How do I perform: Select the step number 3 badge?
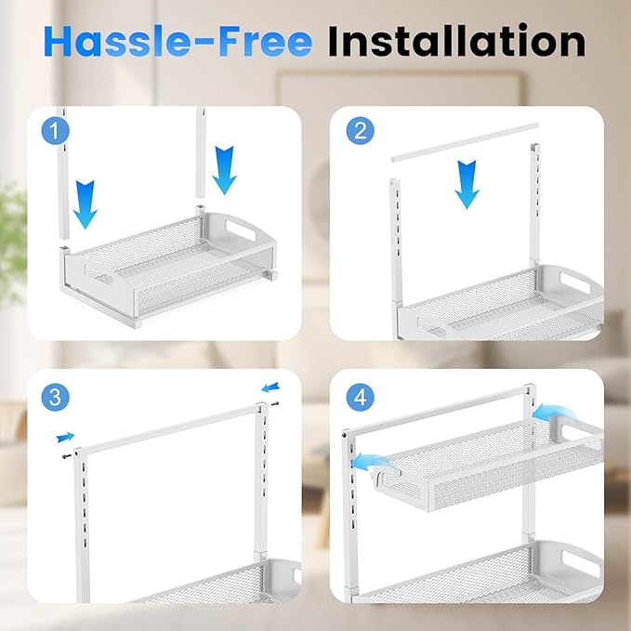pos(56,398)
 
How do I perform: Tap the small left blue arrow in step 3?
pos(64,435)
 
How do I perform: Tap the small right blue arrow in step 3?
pos(269,388)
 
